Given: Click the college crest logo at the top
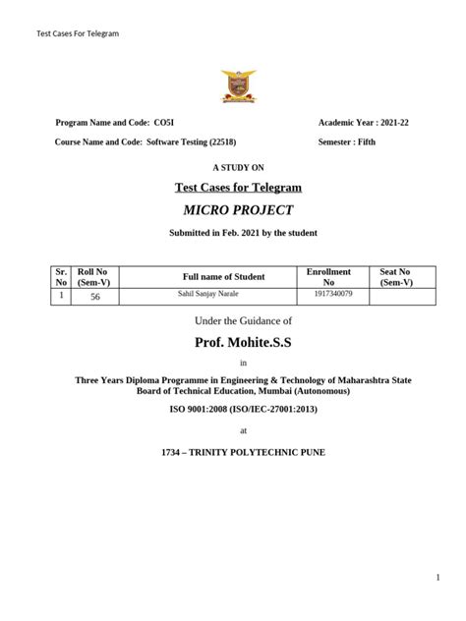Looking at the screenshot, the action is pyautogui.click(x=238, y=86).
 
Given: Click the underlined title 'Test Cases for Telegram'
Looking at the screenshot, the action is pyautogui.click(x=238, y=187).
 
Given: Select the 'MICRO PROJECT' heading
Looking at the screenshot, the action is pyautogui.click(x=238, y=210).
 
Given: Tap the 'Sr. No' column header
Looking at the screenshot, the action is pyautogui.click(x=61, y=276).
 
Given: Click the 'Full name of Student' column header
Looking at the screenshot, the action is pyautogui.click(x=224, y=276).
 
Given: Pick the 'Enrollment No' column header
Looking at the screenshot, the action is pyautogui.click(x=329, y=276).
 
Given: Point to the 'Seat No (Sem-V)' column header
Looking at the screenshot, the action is pyautogui.click(x=395, y=276).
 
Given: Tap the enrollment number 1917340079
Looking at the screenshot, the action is pyautogui.click(x=333, y=294).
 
